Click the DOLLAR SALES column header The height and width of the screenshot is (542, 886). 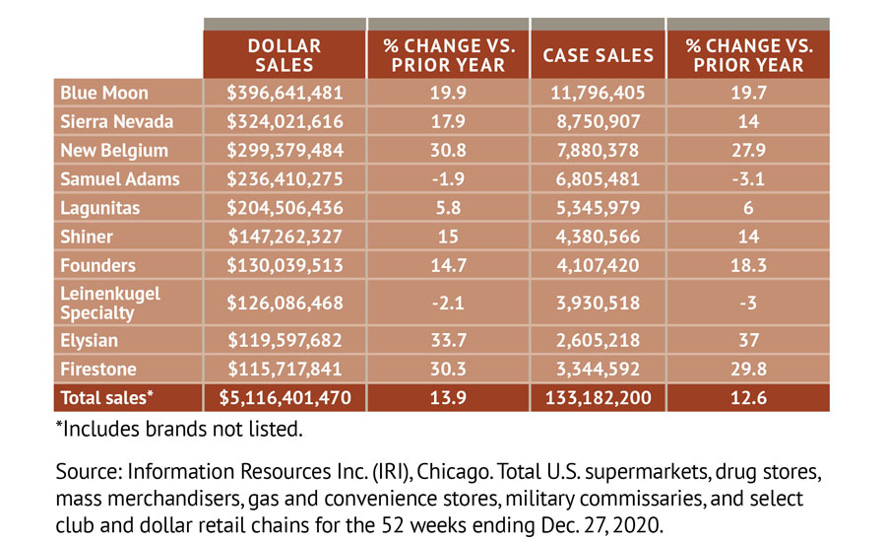point(284,55)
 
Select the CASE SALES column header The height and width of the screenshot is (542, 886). point(598,55)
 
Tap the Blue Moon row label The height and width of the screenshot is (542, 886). point(104,93)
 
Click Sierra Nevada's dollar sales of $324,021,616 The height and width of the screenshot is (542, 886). point(284,121)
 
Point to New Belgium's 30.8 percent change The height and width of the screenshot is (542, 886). point(448,150)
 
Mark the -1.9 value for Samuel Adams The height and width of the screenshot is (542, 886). point(448,179)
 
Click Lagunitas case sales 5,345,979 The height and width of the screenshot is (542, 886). point(598,208)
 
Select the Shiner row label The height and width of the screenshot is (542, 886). point(87,237)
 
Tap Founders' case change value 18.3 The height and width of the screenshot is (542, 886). point(747,265)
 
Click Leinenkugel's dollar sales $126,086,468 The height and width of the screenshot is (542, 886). point(284,303)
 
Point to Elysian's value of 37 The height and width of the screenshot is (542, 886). point(747,340)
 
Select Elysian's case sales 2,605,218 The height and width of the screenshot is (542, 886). point(598,340)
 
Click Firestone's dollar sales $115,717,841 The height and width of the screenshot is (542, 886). point(284,369)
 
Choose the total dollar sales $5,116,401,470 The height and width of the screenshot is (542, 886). point(284,398)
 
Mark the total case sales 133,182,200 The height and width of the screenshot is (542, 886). point(598,398)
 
